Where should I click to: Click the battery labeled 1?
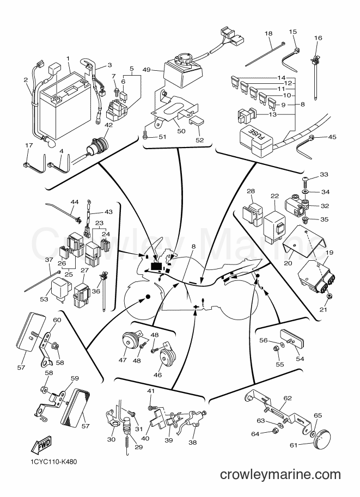tap(63, 105)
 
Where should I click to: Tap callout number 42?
tap(108, 125)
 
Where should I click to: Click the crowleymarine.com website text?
tap(280, 475)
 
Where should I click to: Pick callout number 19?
tap(330, 253)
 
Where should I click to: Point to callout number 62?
tap(288, 398)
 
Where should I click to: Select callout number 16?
tap(318, 38)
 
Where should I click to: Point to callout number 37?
tap(49, 260)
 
